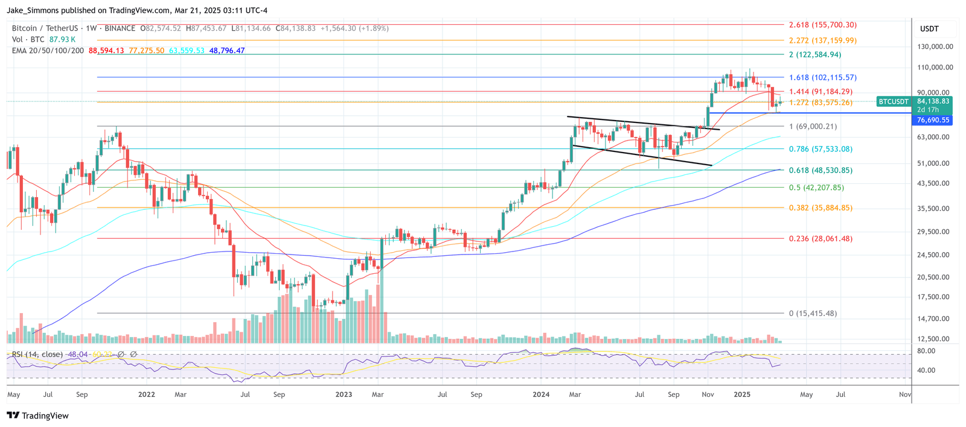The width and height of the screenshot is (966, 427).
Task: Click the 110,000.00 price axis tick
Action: point(935,68)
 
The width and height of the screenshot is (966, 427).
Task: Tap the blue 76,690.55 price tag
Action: point(933,120)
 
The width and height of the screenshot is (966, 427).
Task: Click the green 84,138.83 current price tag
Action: point(933,101)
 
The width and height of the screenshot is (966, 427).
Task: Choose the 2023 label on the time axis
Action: point(344,394)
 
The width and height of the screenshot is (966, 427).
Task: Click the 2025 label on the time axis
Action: point(741,394)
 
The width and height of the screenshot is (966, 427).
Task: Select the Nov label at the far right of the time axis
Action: point(904,394)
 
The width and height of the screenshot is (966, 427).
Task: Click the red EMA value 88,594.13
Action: point(106,51)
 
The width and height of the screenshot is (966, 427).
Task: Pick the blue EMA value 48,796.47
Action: point(227,51)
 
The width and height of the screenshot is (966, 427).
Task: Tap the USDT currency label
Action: point(929,29)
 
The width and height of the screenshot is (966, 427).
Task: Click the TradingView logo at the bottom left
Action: point(37,416)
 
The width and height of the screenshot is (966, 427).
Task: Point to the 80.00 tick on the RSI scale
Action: point(926,351)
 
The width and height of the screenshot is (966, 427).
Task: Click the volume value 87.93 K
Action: point(62,39)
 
